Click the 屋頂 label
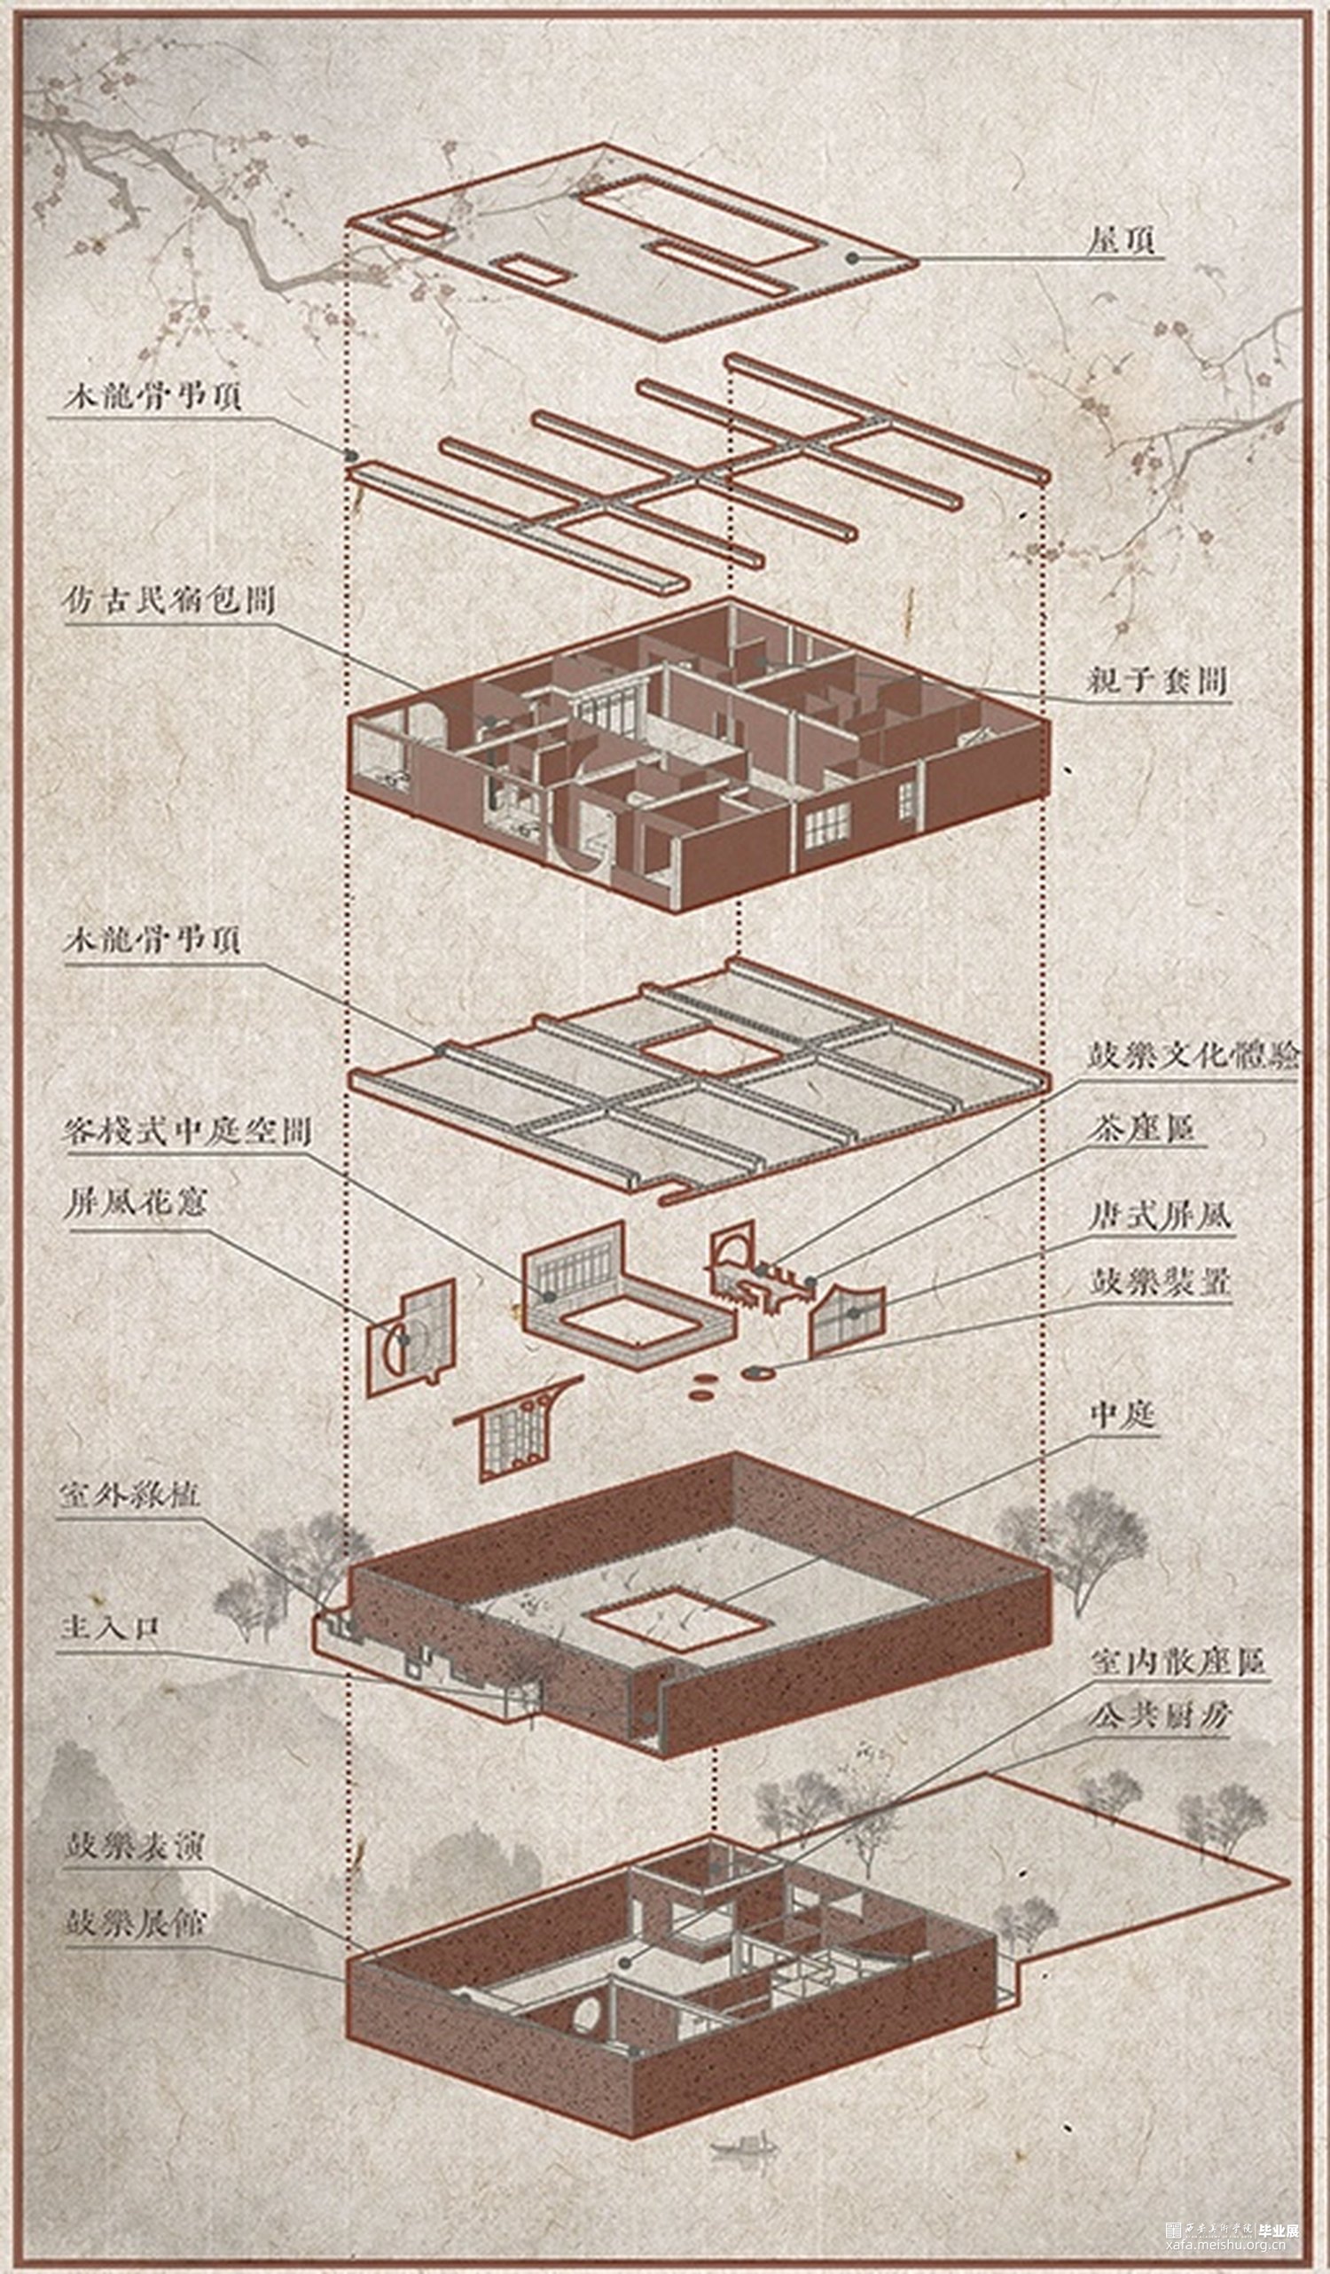pyautogui.click(x=1122, y=241)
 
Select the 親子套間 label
pyautogui.click(x=1158, y=680)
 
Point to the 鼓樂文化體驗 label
pyautogui.click(x=1193, y=1055)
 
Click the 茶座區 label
pyautogui.click(x=1144, y=1129)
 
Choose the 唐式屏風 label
pyautogui.click(x=1160, y=1215)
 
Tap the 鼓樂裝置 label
pyautogui.click(x=1160, y=1281)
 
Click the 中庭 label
pyautogui.click(x=1123, y=1415)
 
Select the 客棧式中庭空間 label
pyautogui.click(x=186, y=1131)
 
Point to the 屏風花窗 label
pyautogui.click(x=135, y=1205)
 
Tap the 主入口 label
pyautogui.click(x=109, y=1628)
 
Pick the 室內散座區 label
pyautogui.click(x=1177, y=1661)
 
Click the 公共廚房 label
pyautogui.click(x=1160, y=1715)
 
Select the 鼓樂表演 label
pyautogui.click(x=134, y=1847)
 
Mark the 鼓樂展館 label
pyautogui.click(x=134, y=1923)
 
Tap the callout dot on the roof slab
pyautogui.click(x=851, y=258)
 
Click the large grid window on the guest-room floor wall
pyautogui.click(x=826, y=824)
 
